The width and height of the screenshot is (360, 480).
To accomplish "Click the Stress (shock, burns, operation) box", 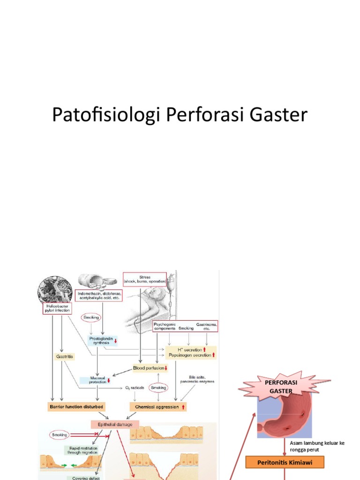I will click(144, 278).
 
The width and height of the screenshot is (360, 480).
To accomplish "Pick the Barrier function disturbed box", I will click(76, 406).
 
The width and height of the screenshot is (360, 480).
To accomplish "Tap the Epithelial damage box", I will click(115, 424).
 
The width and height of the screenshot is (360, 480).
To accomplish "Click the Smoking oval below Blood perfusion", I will click(158, 387).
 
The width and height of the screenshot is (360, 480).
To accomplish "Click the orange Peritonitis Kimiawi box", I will click(285, 462).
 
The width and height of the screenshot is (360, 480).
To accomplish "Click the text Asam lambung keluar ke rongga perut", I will click(317, 446).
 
